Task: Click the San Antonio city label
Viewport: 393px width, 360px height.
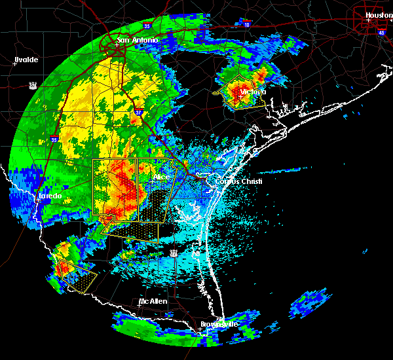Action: pos(138,41)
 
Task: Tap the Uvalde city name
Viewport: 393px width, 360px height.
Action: pos(26,60)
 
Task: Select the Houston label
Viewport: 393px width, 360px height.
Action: pos(379,15)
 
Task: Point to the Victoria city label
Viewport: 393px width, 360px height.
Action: pos(253,92)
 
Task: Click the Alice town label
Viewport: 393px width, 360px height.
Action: pos(161,177)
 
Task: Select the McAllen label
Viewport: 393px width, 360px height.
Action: pos(153,302)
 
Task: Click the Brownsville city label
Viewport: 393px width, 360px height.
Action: pos(218,325)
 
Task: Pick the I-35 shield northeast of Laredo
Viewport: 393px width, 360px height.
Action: pos(54,139)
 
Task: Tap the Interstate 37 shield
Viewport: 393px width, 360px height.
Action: pos(139,112)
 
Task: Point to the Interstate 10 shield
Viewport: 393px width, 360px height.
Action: pos(246,25)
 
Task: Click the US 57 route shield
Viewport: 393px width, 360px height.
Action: pos(33,85)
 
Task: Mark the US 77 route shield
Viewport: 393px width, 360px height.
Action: pos(174,252)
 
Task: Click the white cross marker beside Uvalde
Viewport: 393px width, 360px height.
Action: pos(14,64)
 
